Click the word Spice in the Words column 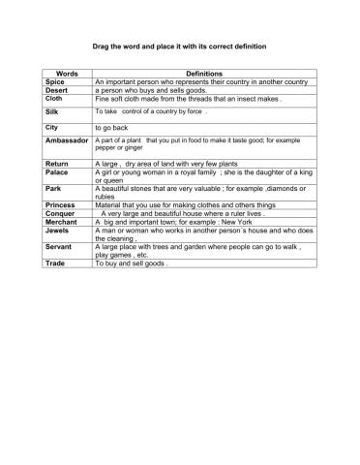tap(55, 83)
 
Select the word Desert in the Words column tap(57, 91)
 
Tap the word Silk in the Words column tap(52, 112)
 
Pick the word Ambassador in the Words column tap(67, 141)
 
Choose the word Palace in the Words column tap(57, 174)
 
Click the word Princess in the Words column tap(61, 205)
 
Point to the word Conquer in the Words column tap(60, 213)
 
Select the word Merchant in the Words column tap(62, 221)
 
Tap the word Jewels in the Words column tap(57, 230)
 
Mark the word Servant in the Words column tap(58, 246)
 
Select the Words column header tap(67, 74)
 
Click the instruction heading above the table tap(179, 46)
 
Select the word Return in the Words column tap(57, 165)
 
